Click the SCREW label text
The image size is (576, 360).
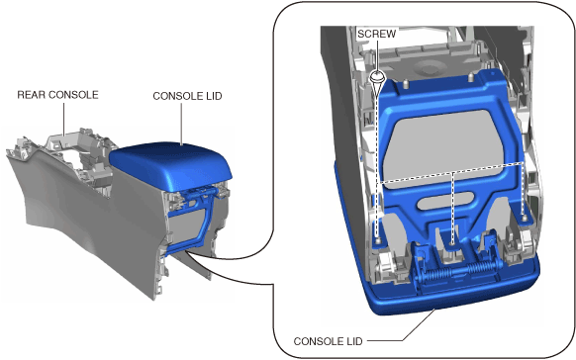pos(376,35)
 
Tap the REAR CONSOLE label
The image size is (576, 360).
pos(57,95)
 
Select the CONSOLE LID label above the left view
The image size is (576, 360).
pos(187,96)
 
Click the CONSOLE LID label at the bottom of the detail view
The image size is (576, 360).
pos(328,341)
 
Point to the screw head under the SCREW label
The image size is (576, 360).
pos(377,77)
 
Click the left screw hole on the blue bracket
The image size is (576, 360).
pos(378,240)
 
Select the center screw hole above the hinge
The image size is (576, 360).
pos(452,242)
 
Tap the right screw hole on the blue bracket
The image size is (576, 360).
pos(525,218)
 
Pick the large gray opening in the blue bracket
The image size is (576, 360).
pos(440,148)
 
